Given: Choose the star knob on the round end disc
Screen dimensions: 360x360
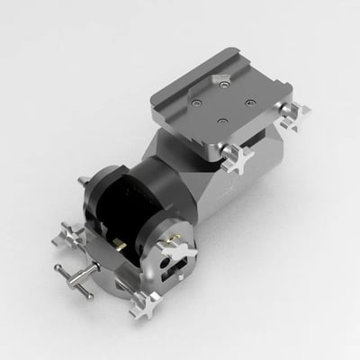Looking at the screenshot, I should pos(171,241).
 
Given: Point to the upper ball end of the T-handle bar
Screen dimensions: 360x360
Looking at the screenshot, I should pos(58,266).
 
